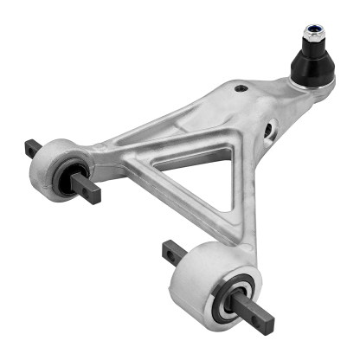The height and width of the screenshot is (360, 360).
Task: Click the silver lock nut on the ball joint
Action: coord(312,39)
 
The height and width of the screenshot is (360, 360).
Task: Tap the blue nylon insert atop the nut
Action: coord(312,30)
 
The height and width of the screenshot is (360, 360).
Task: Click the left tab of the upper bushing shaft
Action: coord(33,149)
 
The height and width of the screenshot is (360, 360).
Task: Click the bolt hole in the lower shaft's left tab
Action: coord(166,252)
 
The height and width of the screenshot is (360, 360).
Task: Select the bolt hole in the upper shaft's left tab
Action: coord(31,148)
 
